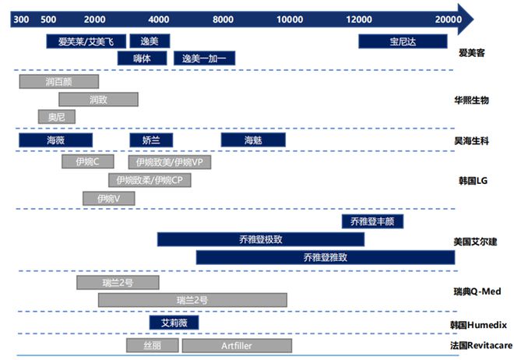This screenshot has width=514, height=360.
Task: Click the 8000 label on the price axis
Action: pyautogui.click(x=223, y=19)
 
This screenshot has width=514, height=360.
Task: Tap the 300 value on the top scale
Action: pyautogui.click(x=21, y=19)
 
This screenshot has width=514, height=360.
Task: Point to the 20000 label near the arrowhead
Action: pyautogui.click(x=448, y=19)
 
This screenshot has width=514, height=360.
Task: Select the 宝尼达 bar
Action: pyautogui.click(x=403, y=41)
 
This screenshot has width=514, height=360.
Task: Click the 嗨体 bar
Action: pyautogui.click(x=142, y=58)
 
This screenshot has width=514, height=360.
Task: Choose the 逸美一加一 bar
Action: pyautogui.click(x=204, y=58)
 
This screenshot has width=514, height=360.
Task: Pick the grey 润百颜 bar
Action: pyautogui.click(x=59, y=82)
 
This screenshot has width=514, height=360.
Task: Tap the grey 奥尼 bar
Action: pyautogui.click(x=57, y=117)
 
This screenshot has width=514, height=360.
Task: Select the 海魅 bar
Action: pyautogui.click(x=253, y=140)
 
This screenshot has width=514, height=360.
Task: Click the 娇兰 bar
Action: pyautogui.click(x=151, y=140)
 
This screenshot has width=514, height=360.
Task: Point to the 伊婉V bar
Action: pyautogui.click(x=108, y=199)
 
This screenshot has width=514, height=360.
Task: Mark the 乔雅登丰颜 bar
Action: pyautogui.click(x=372, y=221)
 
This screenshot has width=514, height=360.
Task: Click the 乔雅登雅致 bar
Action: pyautogui.click(x=326, y=257)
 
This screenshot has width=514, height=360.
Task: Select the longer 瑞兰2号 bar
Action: pyautogui.click(x=192, y=300)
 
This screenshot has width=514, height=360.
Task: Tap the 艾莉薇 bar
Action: pyautogui.click(x=174, y=323)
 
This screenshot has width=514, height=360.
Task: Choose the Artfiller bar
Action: pyautogui.click(x=237, y=345)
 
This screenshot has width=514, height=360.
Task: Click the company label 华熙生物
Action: pyautogui.click(x=471, y=100)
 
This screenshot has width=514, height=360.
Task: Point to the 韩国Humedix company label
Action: pyautogui.click(x=478, y=325)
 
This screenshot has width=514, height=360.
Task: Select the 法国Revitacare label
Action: pyautogui.click(x=481, y=345)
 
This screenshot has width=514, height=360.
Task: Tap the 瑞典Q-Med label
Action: pyautogui.click(x=477, y=291)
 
